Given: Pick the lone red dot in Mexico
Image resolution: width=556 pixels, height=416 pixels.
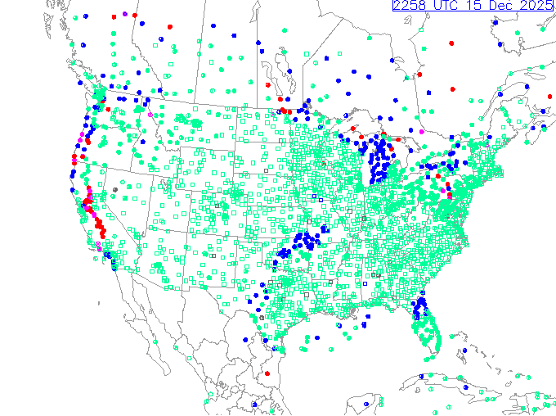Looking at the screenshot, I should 267,373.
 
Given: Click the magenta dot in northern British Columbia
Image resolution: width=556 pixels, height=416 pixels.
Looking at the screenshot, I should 124,14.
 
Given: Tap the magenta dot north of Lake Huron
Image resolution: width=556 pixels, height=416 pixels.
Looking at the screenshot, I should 421,132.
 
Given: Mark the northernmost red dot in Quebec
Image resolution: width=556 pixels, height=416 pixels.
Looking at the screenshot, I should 451,43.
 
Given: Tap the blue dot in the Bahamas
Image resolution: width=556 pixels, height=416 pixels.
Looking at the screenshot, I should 464,350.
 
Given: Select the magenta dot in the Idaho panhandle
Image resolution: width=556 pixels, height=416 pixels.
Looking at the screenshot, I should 150,115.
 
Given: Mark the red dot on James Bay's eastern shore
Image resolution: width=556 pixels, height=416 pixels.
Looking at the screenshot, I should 419,75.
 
